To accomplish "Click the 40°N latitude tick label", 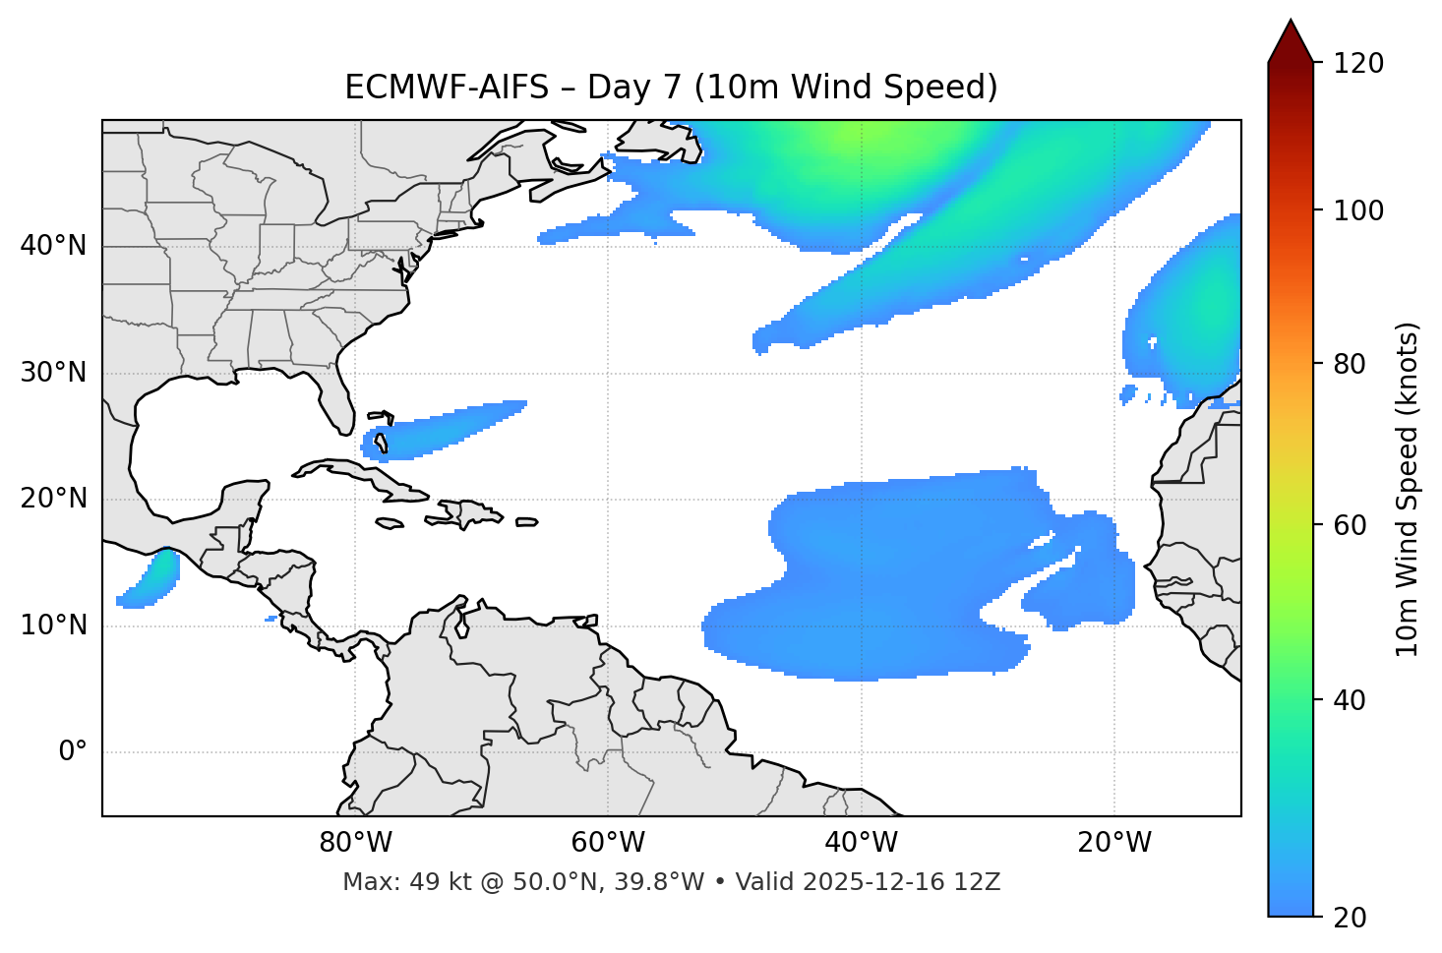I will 53,246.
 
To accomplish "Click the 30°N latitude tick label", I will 53,373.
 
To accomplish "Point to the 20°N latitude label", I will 53,500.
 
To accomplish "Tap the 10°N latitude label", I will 53,625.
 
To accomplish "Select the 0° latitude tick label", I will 73,752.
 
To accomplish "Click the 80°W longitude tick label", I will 355,843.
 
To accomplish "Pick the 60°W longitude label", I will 608,843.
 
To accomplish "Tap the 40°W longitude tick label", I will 862,843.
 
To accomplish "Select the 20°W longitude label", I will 1114,843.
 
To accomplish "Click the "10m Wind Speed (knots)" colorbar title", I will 1408,489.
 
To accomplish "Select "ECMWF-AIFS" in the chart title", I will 449,88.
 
